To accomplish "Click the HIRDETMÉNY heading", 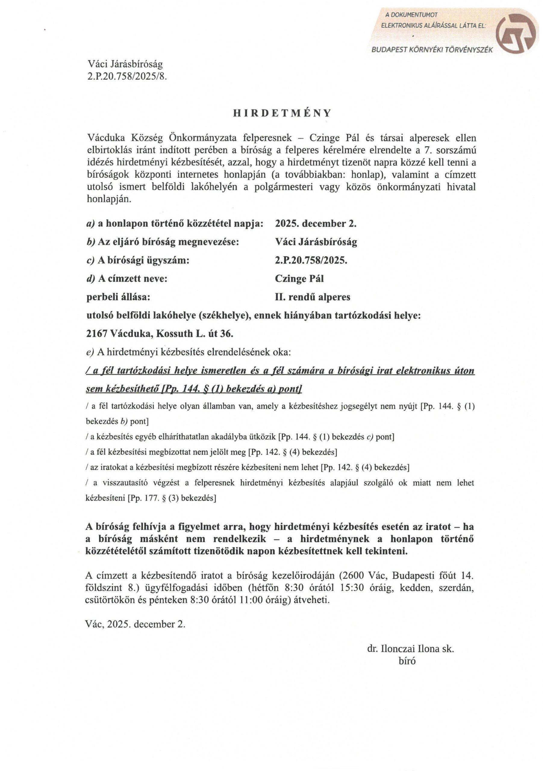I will tap(282, 113).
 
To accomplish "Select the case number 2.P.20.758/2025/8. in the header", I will tap(127, 76).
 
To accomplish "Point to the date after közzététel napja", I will tap(316, 224).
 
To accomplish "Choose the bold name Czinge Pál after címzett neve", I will tap(299, 278).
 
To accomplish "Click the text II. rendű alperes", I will tap(312, 297).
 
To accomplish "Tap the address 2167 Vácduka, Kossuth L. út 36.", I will tap(160, 333).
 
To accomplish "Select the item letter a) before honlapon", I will tap(91, 224).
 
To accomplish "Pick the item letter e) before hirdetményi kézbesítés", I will tap(90, 352).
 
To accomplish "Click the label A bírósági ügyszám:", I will tap(138, 260).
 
